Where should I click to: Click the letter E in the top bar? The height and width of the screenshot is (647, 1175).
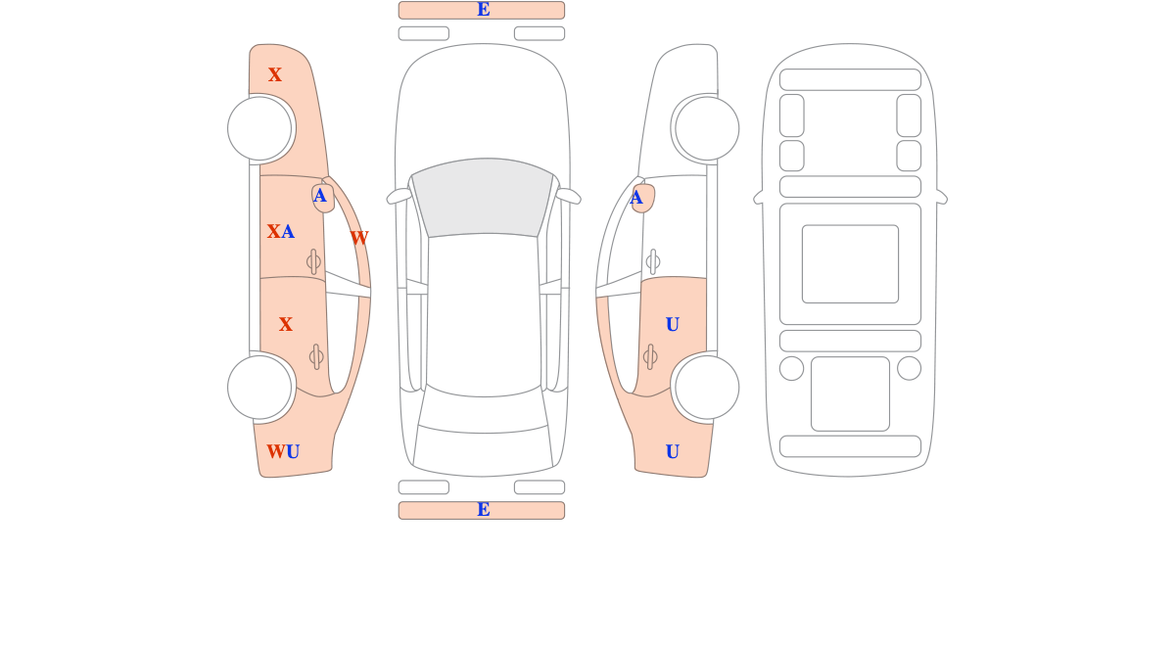click(x=483, y=10)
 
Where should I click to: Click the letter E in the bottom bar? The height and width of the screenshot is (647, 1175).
click(x=483, y=510)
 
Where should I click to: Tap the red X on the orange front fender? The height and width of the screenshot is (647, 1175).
click(x=275, y=74)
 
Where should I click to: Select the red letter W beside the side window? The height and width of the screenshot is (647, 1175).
click(x=359, y=238)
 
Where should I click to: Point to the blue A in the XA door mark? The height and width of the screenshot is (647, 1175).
click(x=288, y=231)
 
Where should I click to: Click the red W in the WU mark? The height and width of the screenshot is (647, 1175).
click(x=276, y=451)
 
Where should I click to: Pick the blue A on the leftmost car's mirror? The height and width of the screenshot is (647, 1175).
click(x=319, y=196)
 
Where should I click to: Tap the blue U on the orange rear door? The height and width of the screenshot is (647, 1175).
click(x=673, y=325)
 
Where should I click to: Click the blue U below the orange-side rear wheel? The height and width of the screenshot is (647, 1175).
click(x=673, y=451)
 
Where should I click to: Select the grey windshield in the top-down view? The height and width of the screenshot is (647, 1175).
click(x=482, y=197)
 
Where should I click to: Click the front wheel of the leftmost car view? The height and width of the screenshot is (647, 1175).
click(x=259, y=128)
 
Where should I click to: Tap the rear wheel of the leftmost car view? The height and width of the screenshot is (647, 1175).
click(x=259, y=388)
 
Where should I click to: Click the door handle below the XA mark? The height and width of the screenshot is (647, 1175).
click(x=313, y=261)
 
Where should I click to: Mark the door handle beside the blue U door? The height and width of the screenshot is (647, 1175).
click(x=650, y=357)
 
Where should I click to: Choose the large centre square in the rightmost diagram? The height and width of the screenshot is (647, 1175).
click(x=850, y=263)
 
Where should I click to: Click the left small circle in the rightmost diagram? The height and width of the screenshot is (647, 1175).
click(x=791, y=368)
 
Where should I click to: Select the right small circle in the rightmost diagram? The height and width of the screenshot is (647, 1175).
click(x=909, y=368)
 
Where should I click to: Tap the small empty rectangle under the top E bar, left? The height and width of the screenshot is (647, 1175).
click(x=424, y=33)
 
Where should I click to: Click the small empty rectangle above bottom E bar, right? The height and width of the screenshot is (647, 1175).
click(x=540, y=487)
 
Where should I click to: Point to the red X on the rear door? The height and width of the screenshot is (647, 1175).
click(x=285, y=325)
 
